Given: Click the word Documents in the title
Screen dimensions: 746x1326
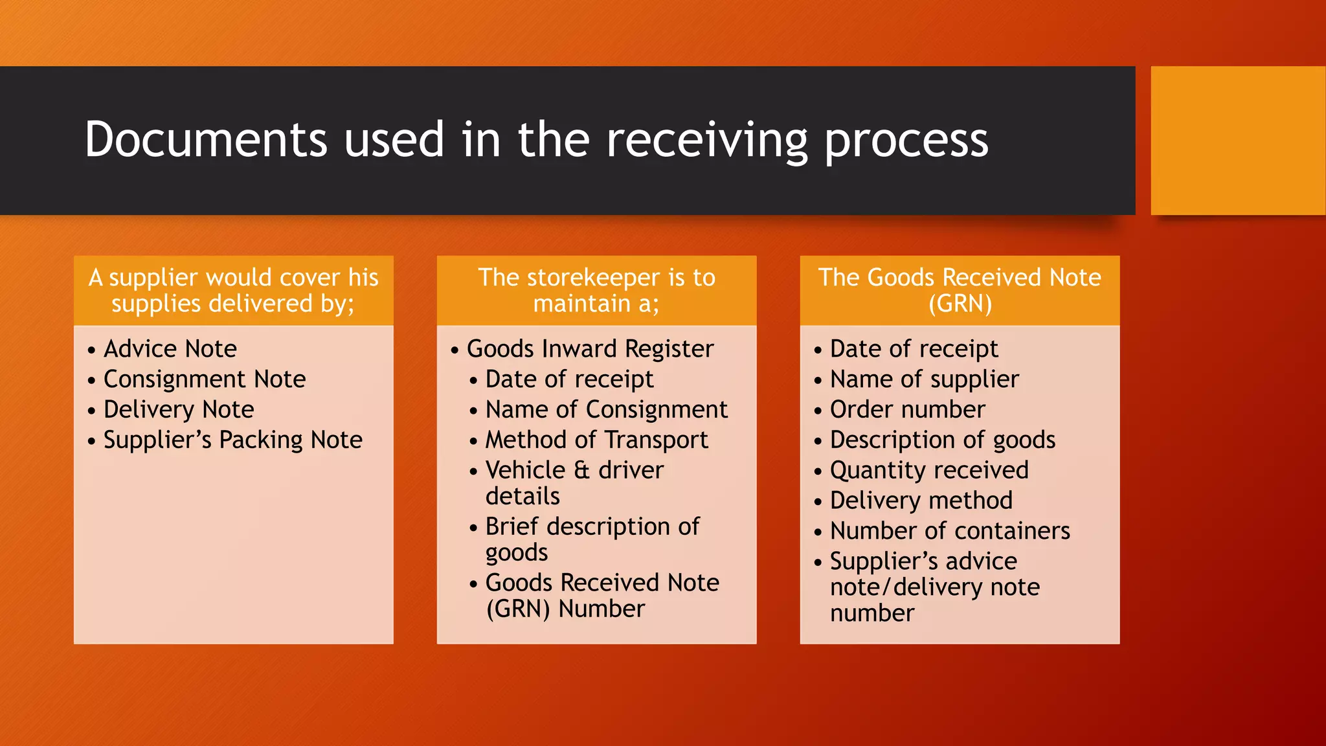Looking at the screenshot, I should (x=206, y=139).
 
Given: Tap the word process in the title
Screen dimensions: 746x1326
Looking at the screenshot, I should (x=906, y=141).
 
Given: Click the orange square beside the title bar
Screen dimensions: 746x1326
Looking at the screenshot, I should (x=1237, y=141).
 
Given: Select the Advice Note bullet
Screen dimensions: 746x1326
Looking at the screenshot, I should (x=170, y=349).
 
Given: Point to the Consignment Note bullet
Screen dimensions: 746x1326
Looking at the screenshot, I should (x=204, y=379).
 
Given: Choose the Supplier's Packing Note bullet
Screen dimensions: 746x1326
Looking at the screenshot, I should (x=232, y=440).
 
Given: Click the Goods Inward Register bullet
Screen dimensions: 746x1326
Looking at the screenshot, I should (x=589, y=349).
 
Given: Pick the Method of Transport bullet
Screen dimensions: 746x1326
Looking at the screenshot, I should (x=596, y=440).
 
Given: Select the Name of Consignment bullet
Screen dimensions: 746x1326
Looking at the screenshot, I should (x=606, y=410).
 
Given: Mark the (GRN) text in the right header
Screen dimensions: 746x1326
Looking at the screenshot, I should (x=960, y=304).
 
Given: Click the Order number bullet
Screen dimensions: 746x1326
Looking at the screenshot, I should (x=907, y=410).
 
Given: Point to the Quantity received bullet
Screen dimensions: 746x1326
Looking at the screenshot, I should (x=928, y=471).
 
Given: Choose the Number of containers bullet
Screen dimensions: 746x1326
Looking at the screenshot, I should (x=949, y=531).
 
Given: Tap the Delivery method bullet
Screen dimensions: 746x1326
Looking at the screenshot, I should (x=921, y=501).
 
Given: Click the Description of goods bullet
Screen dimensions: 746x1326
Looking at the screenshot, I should (x=942, y=440).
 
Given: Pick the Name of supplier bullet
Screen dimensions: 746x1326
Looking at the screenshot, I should (x=924, y=379).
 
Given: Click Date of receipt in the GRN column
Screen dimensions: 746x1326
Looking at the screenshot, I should (x=914, y=349).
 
